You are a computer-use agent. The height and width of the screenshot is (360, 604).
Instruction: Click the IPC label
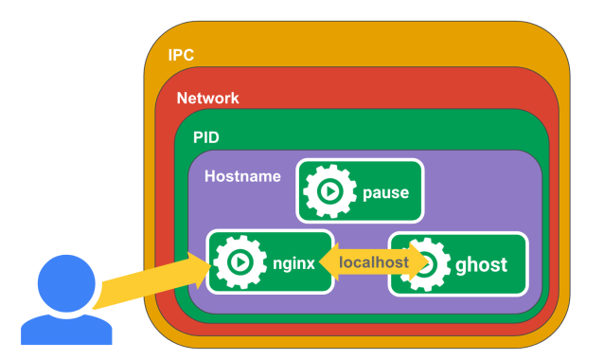181,55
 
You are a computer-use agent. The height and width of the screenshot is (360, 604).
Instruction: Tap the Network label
207,98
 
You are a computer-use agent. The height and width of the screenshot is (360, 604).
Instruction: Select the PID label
206,137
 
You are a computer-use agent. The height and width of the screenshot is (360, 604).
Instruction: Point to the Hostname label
242,176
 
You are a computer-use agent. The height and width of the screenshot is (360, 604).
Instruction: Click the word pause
385,192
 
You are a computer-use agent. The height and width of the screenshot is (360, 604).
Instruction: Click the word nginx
293,263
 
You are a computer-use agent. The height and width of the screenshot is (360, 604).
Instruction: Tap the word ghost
481,264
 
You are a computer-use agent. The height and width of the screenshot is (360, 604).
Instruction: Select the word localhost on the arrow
374,262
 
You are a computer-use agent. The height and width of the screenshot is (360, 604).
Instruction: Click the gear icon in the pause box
329,191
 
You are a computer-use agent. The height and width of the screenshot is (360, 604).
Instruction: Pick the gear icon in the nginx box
240,262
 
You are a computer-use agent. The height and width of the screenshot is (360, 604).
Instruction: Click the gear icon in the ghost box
425,264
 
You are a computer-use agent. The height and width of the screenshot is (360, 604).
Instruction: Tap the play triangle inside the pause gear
330,191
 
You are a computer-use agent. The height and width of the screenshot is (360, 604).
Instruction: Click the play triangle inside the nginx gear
241,262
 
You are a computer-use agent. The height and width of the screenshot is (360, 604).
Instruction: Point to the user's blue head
66,283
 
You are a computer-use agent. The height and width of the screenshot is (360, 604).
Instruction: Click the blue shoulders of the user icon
66,330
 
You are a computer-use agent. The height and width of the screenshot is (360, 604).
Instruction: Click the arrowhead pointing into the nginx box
199,270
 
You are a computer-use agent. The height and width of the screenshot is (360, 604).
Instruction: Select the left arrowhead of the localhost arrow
329,262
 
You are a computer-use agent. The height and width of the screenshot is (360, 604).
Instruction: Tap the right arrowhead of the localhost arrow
419,262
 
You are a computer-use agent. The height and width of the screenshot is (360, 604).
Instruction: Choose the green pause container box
360,190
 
